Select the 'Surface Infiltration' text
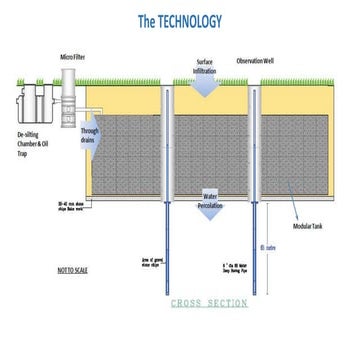[x=205, y=66]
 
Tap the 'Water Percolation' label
[x=209, y=201]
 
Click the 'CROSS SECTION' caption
[x=211, y=302]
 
